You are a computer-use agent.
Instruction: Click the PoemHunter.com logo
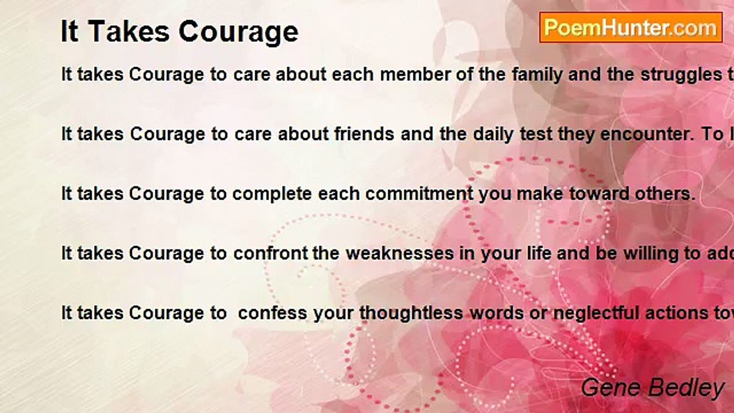[x=631, y=28]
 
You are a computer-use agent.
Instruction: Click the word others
[x=665, y=194]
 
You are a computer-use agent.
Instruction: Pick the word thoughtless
[x=412, y=313]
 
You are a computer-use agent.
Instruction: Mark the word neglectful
[x=544, y=313]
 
